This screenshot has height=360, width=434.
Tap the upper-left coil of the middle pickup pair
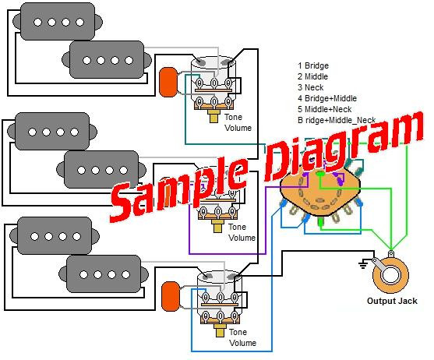point(51,131)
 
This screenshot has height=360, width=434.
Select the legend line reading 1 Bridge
point(313,66)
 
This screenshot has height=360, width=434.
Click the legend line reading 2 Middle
point(313,77)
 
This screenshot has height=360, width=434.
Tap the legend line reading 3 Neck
point(311,88)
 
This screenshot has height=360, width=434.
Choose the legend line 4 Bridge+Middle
point(326,99)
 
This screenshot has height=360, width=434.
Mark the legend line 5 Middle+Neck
point(325,110)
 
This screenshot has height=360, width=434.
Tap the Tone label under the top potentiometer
point(234,117)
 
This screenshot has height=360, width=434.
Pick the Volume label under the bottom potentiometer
point(242,343)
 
